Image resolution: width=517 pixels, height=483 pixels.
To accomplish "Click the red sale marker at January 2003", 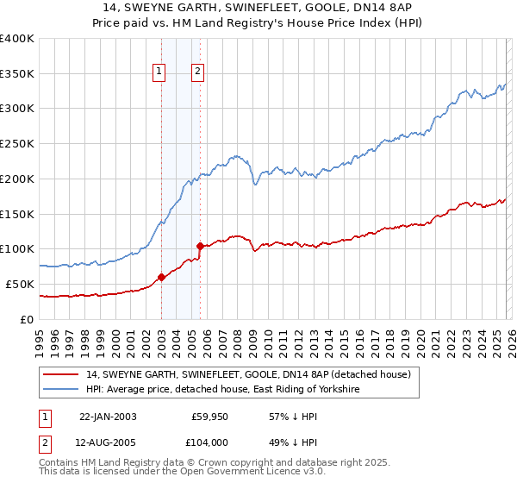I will [x=162, y=277].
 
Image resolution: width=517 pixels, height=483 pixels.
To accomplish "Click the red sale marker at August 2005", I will [x=200, y=246].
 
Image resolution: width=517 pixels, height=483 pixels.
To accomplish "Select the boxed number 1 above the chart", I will [x=160, y=72].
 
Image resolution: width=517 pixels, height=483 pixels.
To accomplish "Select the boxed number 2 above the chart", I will [x=198, y=72].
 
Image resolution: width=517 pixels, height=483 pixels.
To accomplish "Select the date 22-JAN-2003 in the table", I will [x=108, y=417].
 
